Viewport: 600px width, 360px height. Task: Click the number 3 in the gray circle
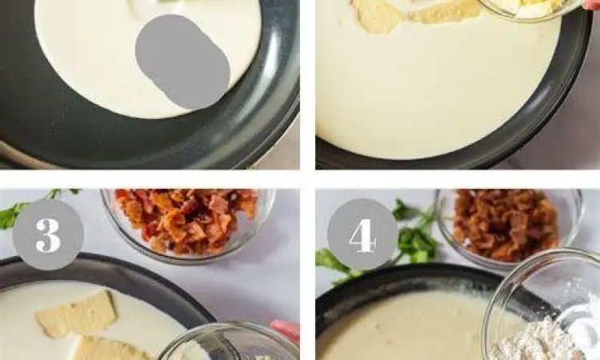[x=48, y=234]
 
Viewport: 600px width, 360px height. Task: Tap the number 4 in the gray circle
[x=362, y=234]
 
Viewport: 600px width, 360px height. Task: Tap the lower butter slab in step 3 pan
[x=112, y=348]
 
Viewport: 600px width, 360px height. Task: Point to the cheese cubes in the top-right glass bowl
[x=532, y=8]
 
